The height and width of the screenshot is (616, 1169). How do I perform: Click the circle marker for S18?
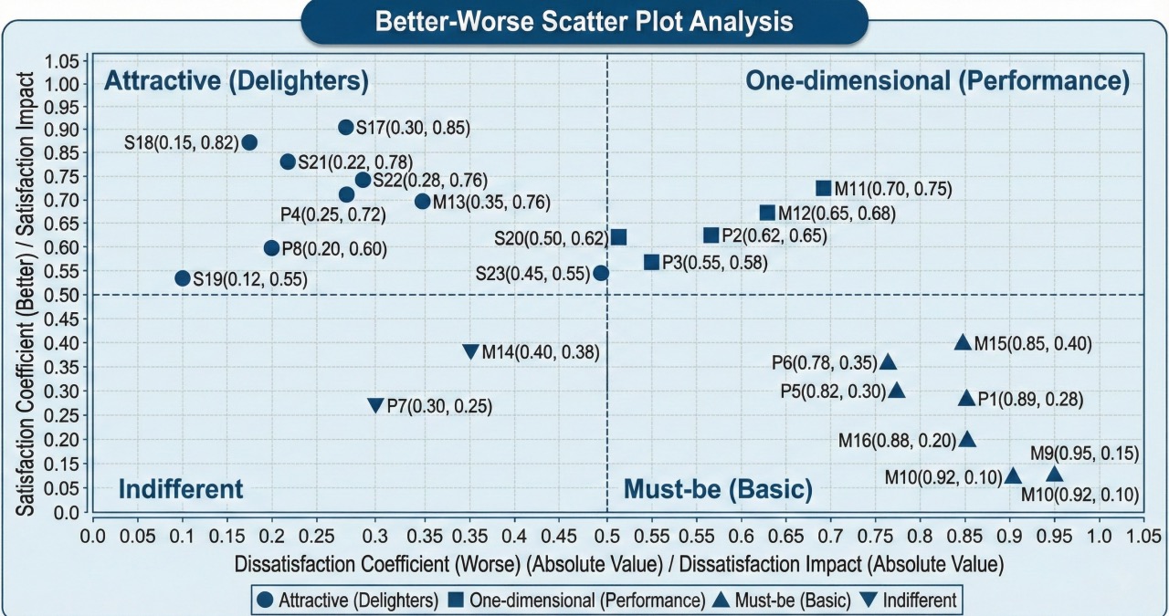[x=249, y=142]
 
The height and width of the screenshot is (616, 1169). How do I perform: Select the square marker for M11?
[x=823, y=189]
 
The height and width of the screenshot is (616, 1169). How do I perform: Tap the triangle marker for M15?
[x=962, y=343]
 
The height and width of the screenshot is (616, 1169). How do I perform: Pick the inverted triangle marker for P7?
[x=374, y=405]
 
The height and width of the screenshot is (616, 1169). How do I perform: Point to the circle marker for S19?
[x=182, y=278]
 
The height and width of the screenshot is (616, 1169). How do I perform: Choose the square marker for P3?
[x=651, y=262]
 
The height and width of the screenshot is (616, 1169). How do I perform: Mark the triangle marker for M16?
[x=967, y=440]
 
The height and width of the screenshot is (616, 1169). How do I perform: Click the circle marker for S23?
[x=600, y=273]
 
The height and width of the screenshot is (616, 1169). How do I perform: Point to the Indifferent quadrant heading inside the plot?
[x=181, y=489]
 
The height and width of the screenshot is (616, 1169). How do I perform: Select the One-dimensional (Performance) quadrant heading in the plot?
[x=938, y=81]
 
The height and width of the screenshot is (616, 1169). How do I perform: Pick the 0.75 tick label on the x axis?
[x=697, y=533]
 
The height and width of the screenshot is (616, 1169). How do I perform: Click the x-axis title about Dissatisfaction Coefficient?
[x=619, y=563]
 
